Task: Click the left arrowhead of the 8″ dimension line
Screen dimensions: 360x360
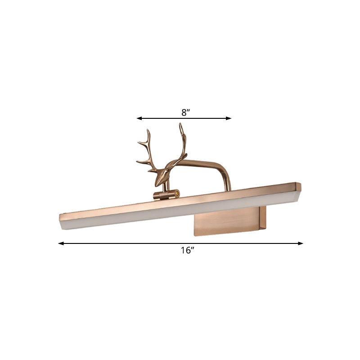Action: pyautogui.click(x=139, y=118)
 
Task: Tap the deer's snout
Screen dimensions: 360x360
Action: pyautogui.click(x=157, y=183)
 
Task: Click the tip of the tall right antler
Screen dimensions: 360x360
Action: pyautogui.click(x=181, y=125)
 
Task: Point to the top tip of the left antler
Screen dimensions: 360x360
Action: pyautogui.click(x=148, y=131)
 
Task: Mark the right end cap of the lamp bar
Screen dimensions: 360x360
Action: pyautogui.click(x=298, y=186)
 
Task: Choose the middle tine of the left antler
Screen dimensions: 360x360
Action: pyautogui.click(x=139, y=144)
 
